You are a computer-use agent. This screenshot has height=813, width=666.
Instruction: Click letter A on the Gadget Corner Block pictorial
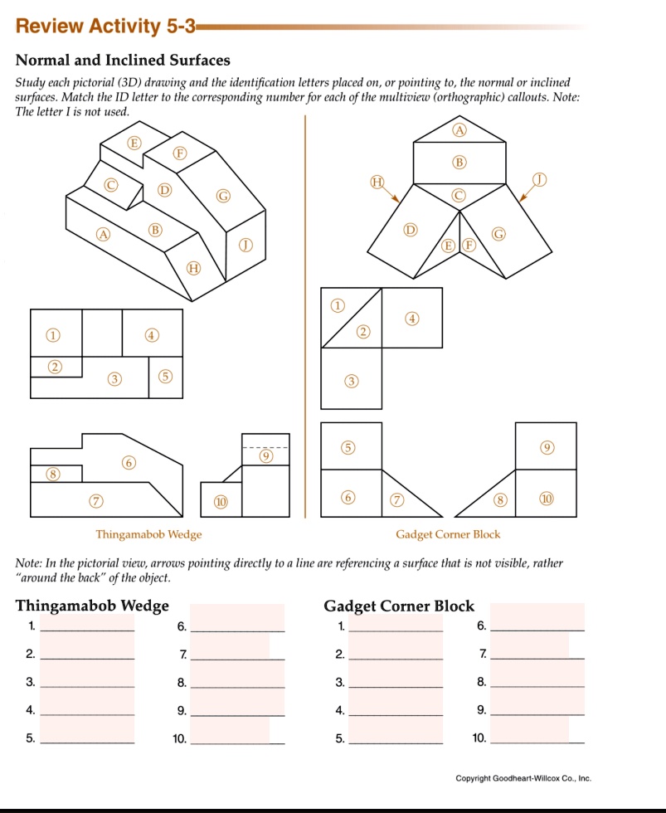pyautogui.click(x=459, y=129)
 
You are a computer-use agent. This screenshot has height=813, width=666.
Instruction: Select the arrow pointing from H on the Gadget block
pyautogui.click(x=392, y=193)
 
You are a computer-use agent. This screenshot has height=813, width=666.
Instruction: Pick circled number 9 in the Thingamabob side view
pyautogui.click(x=265, y=456)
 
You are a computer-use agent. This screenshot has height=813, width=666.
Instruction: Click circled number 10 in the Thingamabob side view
pyautogui.click(x=220, y=503)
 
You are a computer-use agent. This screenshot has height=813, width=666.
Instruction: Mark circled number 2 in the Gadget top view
pyautogui.click(x=362, y=333)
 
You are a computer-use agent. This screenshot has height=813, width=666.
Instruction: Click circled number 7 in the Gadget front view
pyautogui.click(x=397, y=499)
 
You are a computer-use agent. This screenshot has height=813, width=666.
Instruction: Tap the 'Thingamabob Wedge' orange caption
pyautogui.click(x=148, y=534)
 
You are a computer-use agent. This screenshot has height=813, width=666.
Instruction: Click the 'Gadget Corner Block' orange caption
pyautogui.click(x=448, y=534)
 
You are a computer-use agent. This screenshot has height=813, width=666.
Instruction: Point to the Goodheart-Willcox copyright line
pyautogui.click(x=523, y=778)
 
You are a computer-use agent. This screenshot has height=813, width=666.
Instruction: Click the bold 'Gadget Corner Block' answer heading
pyautogui.click(x=399, y=606)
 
